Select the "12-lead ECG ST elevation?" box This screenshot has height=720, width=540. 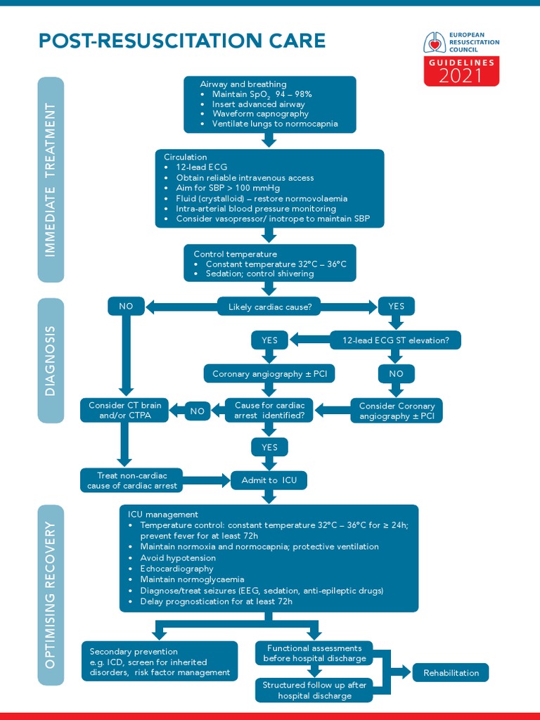click(396, 340)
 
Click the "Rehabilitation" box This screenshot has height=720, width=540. click(451, 673)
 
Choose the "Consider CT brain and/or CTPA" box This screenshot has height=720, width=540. click(125, 411)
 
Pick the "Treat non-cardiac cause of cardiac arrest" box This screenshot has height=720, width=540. click(132, 480)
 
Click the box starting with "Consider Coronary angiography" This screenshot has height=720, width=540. click(397, 411)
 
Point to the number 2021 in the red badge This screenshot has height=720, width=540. click(461, 76)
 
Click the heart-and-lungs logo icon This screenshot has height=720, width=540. click(434, 43)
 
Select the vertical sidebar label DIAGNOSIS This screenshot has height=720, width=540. click(51, 360)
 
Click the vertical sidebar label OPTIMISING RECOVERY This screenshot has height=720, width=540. click(51, 594)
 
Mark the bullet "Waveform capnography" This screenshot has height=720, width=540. click(260, 114)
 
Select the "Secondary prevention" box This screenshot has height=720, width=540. click(159, 662)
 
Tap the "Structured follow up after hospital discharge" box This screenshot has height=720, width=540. click(314, 690)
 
